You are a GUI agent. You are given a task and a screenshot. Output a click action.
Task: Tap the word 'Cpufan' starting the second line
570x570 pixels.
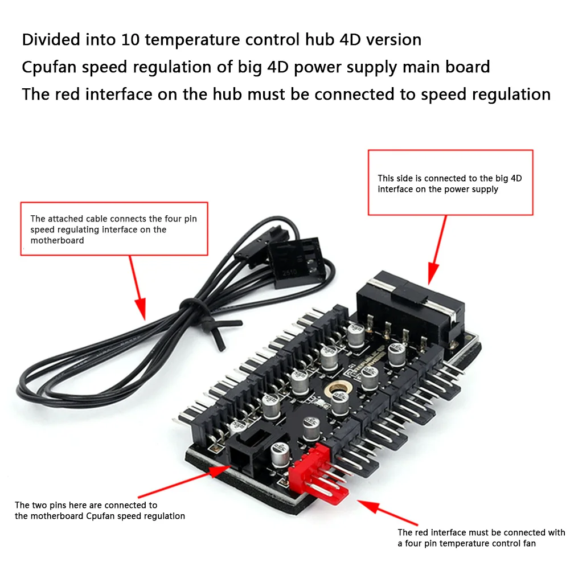pyautogui.click(x=49, y=67)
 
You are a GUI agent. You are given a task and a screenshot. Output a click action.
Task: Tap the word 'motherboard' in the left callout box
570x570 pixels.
pyautogui.click(x=57, y=241)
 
